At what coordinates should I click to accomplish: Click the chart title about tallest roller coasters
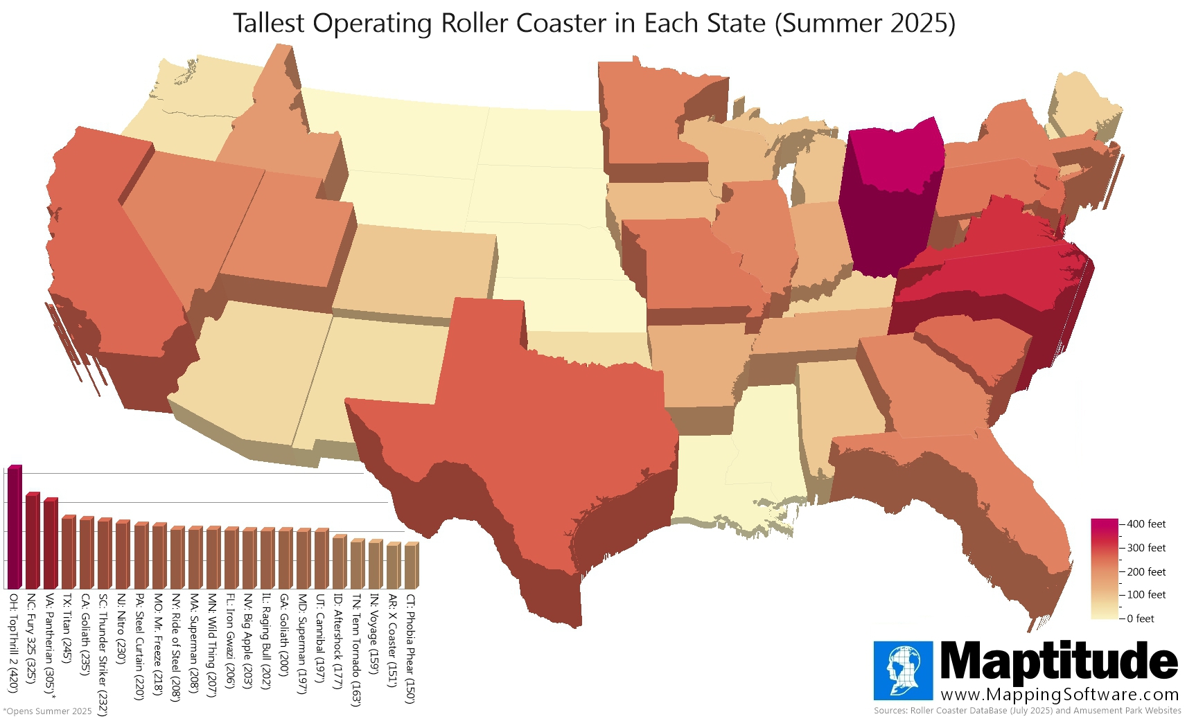[594, 24]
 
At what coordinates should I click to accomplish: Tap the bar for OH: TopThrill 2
[15, 526]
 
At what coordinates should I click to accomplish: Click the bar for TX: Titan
[68, 552]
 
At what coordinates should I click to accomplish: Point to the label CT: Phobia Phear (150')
[411, 648]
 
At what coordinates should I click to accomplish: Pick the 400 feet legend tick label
[1146, 524]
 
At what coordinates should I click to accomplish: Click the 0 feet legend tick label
[1141, 618]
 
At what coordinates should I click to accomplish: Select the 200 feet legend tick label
[1146, 571]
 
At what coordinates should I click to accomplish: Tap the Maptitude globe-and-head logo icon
[903, 670]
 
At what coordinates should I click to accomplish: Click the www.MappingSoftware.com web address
[1059, 695]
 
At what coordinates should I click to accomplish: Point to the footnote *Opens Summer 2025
[48, 711]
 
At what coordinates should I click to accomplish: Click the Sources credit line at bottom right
[1027, 711]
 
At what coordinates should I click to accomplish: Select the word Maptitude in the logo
[1058, 661]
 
